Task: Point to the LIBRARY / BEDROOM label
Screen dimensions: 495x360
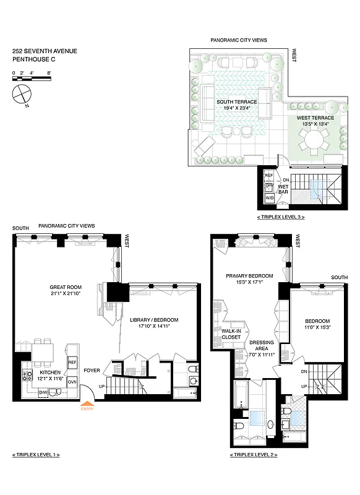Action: point(154,324)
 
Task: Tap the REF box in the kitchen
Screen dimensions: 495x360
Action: point(72,362)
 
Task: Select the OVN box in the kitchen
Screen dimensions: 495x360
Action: point(72,382)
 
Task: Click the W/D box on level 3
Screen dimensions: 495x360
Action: point(269,199)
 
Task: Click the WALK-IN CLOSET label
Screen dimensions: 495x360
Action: point(231,335)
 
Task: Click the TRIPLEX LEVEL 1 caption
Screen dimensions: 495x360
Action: point(36,455)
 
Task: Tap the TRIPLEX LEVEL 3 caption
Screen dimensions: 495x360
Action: point(281,218)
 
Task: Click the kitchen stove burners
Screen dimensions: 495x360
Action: point(27,375)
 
